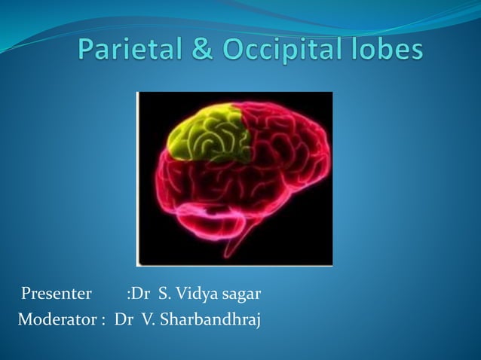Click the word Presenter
click(57, 292)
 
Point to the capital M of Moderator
click(26, 320)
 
